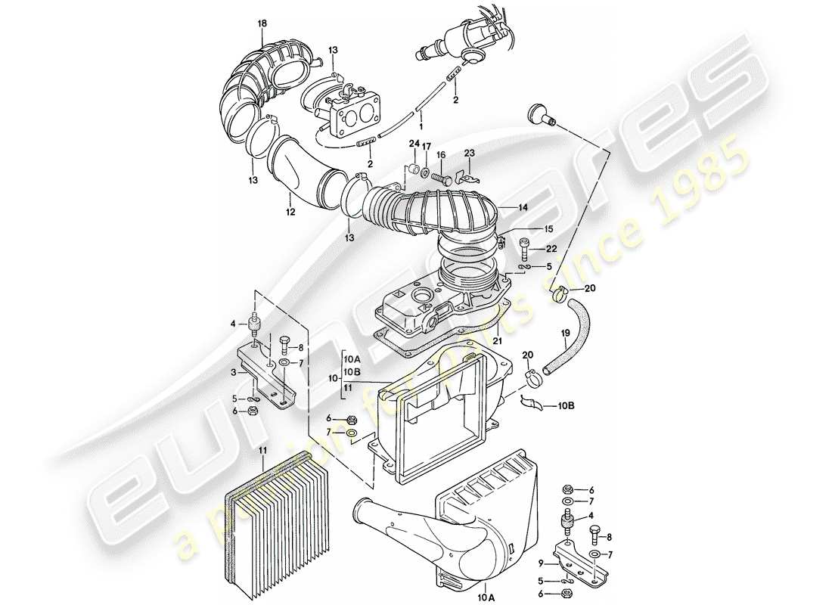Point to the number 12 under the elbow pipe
(x=290, y=214)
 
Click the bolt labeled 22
(x=525, y=247)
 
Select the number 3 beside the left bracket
(x=234, y=372)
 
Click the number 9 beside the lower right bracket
(x=542, y=563)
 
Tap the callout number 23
(x=469, y=153)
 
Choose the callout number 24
(x=414, y=143)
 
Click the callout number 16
(x=441, y=154)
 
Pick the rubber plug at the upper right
(x=539, y=114)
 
